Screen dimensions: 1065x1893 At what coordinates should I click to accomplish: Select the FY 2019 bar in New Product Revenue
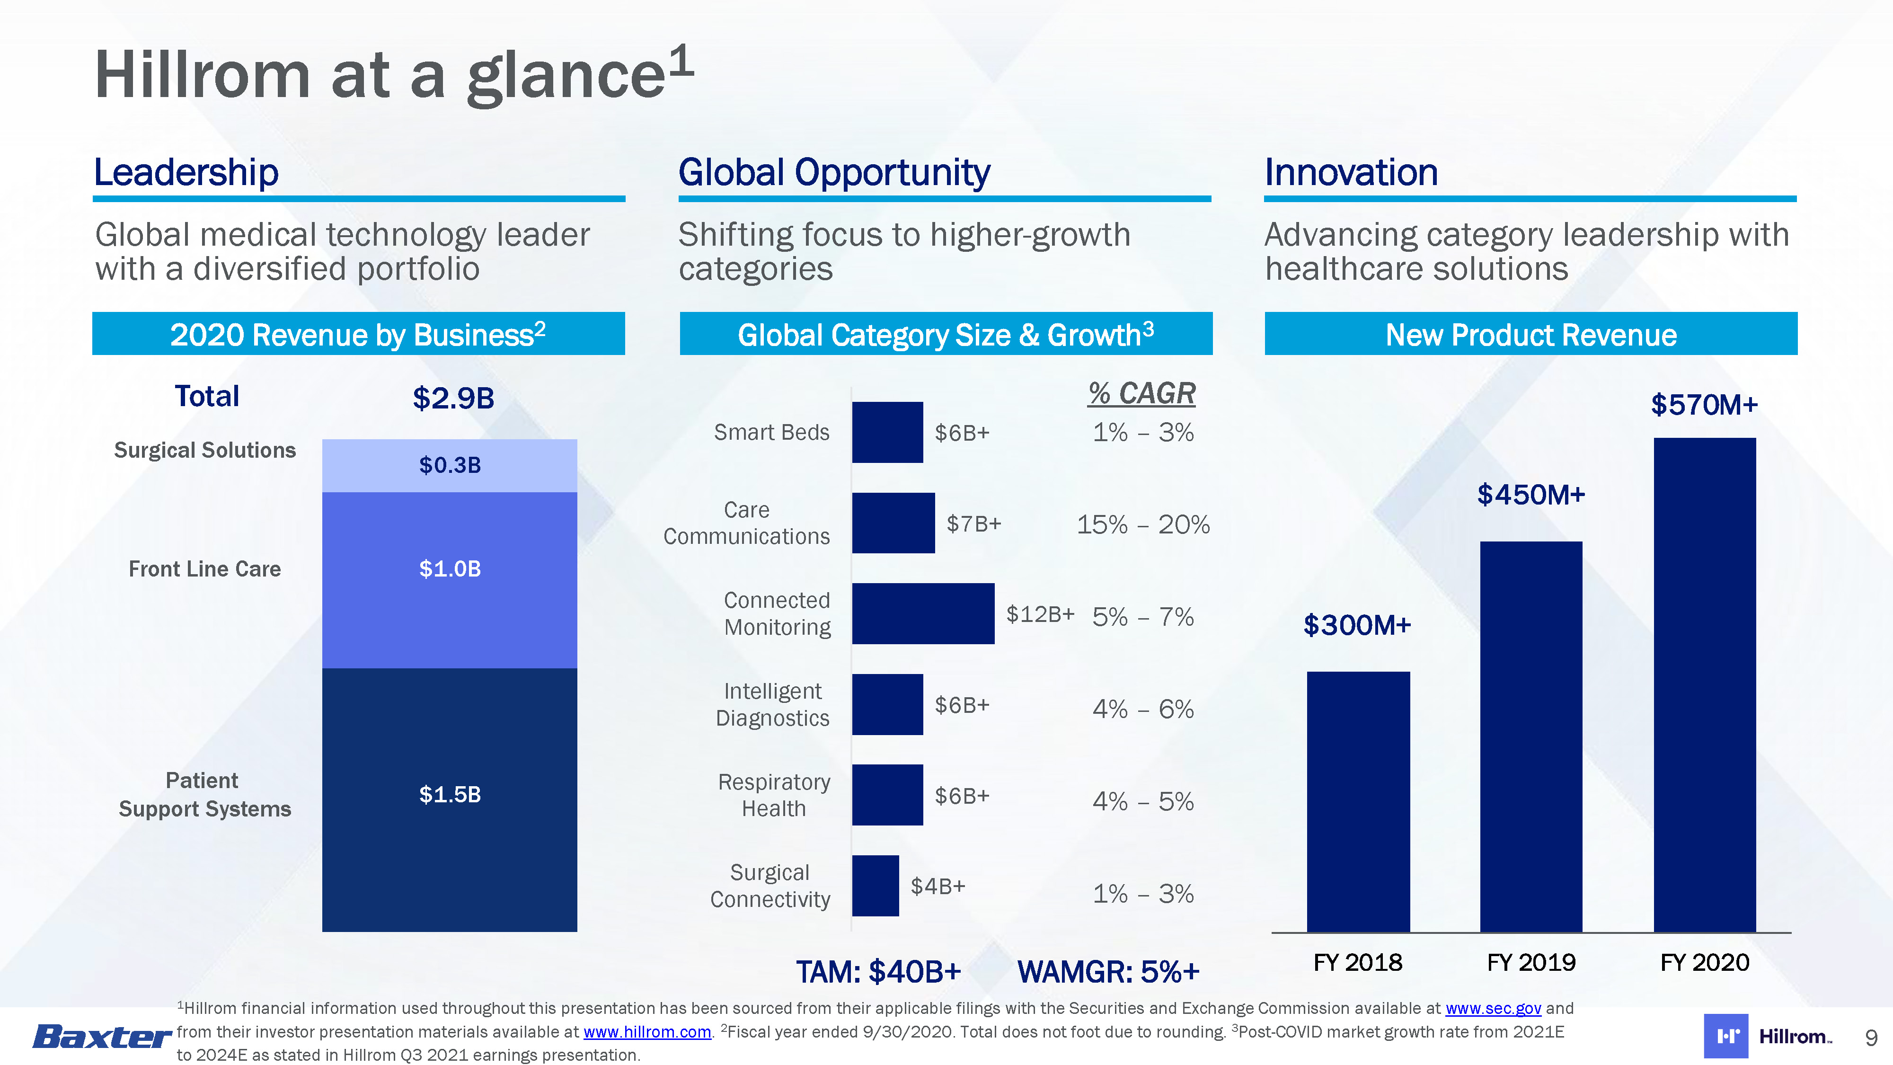1530,737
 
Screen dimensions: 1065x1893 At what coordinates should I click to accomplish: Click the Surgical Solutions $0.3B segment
450,465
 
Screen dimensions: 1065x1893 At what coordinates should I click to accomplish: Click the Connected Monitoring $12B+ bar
923,614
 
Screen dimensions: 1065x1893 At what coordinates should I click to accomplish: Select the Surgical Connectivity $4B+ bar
875,886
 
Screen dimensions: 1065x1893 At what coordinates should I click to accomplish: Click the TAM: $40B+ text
879,972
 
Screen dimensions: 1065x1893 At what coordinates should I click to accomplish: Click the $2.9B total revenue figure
453,399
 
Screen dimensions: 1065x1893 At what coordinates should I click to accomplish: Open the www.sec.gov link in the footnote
1493,1008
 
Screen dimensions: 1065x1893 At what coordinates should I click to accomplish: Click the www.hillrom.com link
646,1032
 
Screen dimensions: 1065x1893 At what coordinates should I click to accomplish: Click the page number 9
1871,1038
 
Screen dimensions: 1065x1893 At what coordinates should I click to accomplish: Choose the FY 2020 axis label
1704,962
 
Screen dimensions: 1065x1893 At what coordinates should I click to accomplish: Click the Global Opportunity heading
834,173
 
